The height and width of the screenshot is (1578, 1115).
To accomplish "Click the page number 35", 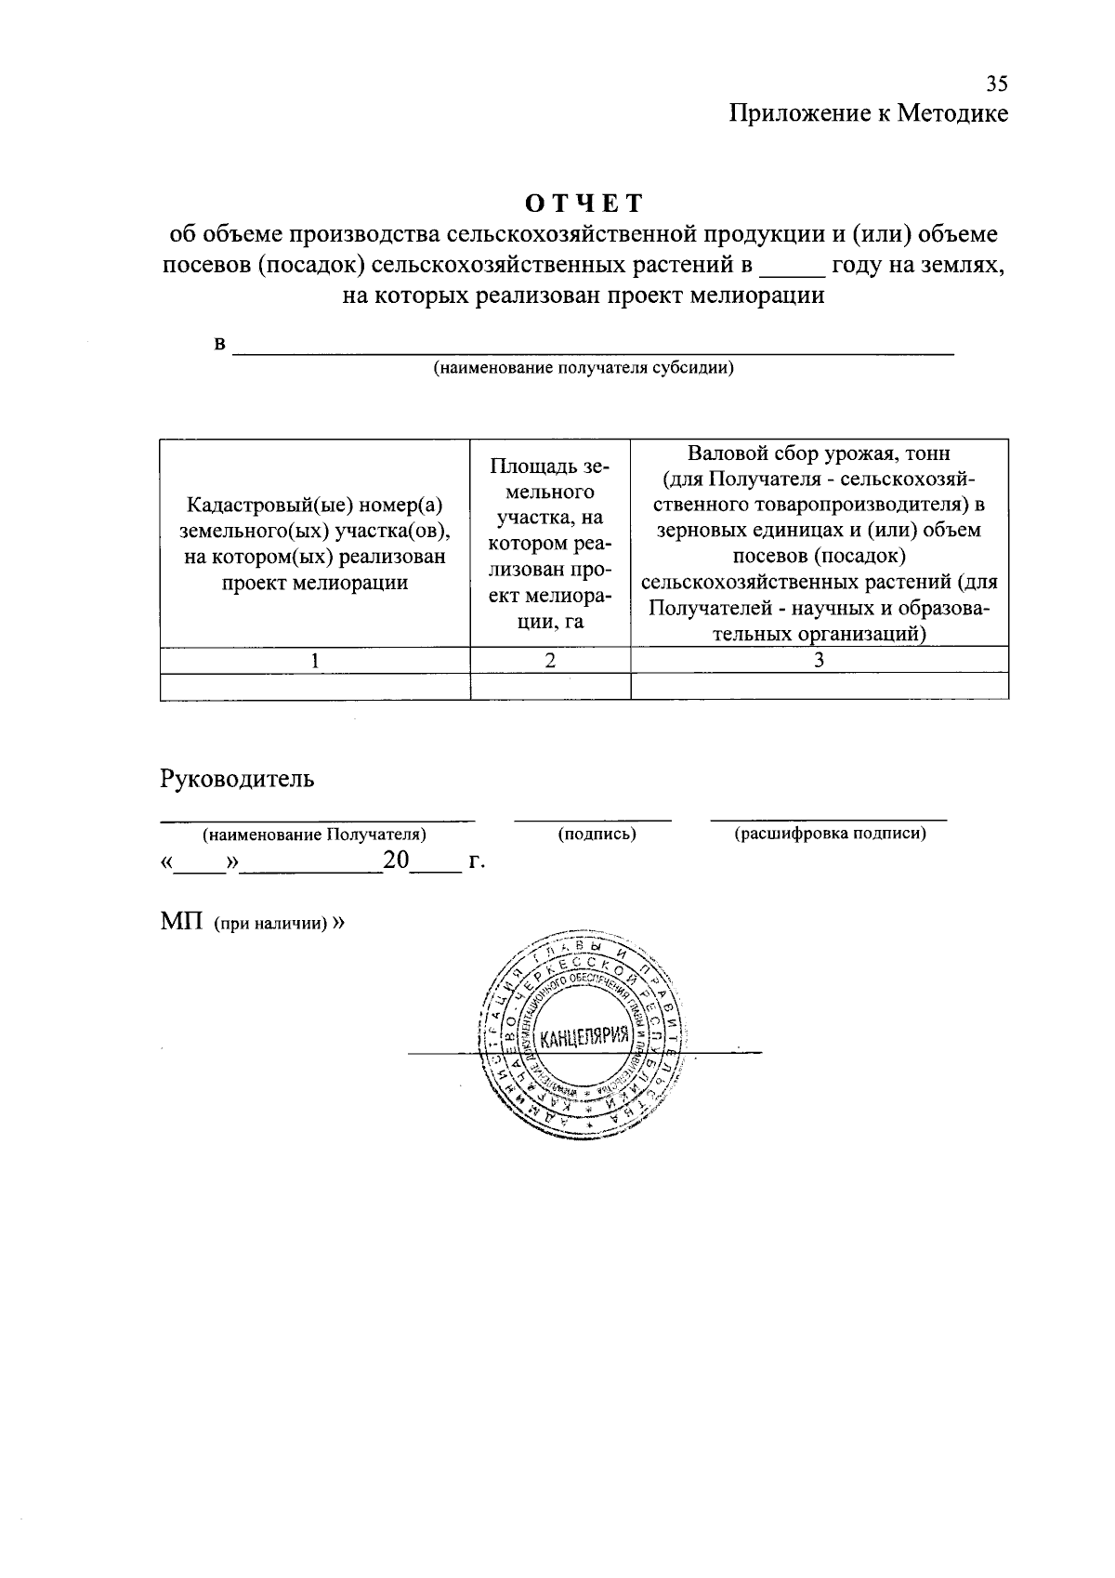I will point(996,85).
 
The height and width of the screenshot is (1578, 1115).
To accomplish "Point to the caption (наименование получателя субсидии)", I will point(584,368).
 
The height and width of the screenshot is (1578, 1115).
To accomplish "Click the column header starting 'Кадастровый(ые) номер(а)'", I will point(315,505).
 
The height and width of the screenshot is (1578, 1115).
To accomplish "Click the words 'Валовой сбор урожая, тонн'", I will point(819,454).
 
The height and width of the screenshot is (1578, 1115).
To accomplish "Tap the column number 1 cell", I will point(315,660).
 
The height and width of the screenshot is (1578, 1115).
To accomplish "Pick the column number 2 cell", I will point(550,660).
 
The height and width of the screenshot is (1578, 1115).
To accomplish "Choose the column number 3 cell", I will point(819,660).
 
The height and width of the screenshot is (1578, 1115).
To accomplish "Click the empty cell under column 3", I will point(819,686).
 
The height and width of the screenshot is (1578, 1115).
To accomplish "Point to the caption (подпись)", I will point(597,834).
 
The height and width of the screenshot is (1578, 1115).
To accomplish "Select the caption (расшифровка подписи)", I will point(830,834).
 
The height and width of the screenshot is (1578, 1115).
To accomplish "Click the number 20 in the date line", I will point(396,861).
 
